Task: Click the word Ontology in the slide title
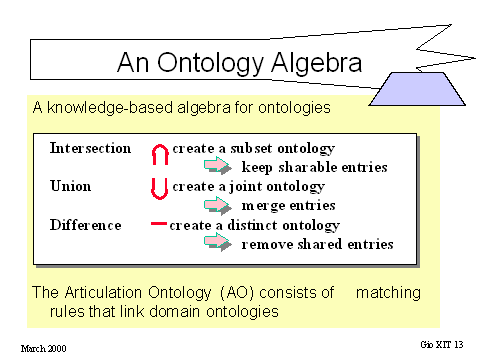tap(210, 63)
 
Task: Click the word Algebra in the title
tap(316, 62)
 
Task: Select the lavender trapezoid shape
tap(417, 89)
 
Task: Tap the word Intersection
tap(90, 148)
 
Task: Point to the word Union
tap(70, 186)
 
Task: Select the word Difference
tap(85, 225)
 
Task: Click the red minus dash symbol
tap(159, 224)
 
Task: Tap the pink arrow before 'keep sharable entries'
tap(218, 166)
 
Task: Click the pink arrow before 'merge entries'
tap(218, 205)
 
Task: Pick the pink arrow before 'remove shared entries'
tap(218, 241)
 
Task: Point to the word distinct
tap(252, 225)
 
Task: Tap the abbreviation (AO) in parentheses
tap(237, 293)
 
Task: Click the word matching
tap(388, 293)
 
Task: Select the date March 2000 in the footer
tap(43, 349)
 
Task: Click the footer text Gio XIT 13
tap(442, 345)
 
